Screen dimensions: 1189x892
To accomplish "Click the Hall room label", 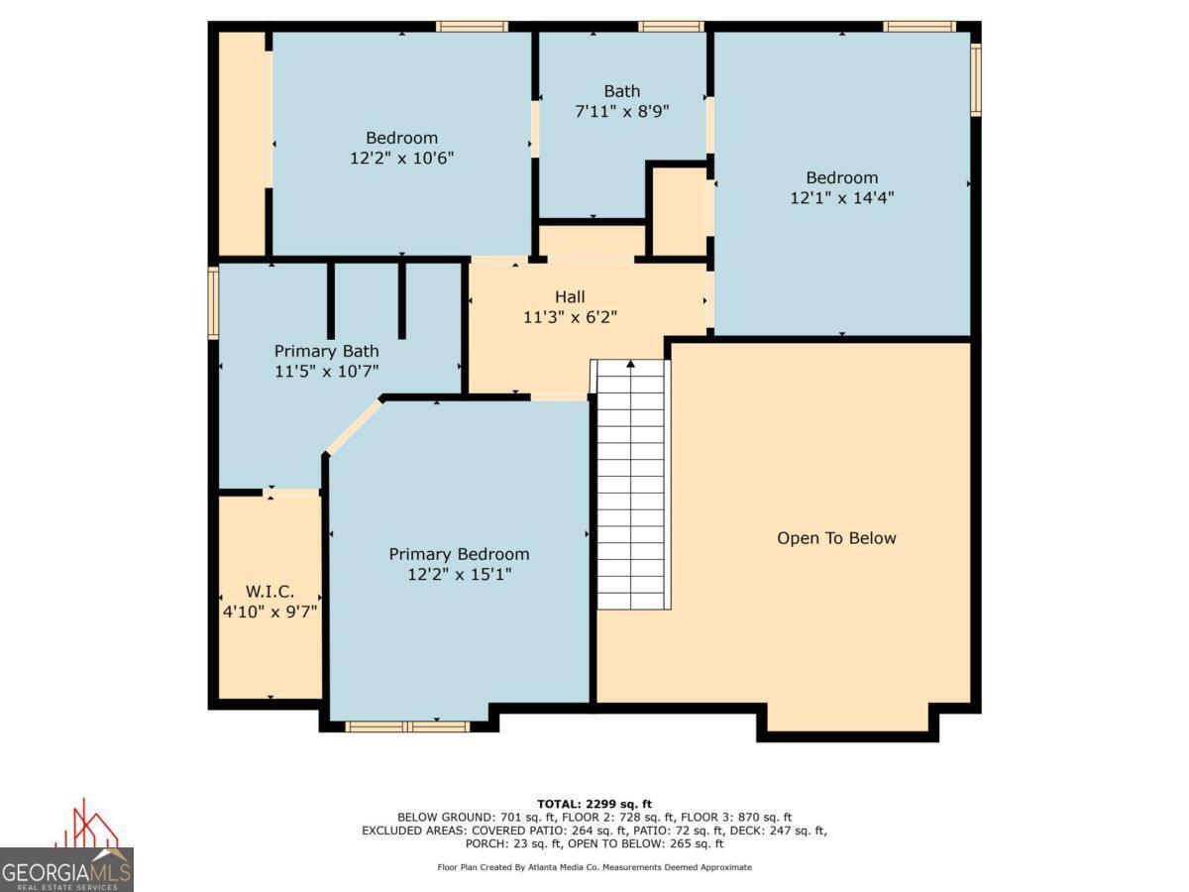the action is (570, 296).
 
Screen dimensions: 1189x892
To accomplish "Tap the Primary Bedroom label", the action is (459, 554).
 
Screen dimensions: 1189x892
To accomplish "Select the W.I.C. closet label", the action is (270, 591).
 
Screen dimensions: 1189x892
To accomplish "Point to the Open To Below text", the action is (836, 538).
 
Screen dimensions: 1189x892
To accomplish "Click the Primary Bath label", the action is (326, 351).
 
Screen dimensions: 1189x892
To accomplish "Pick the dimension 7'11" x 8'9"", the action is (622, 112).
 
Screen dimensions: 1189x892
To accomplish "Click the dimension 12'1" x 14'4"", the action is (842, 197).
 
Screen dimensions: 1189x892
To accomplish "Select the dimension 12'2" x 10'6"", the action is (401, 159).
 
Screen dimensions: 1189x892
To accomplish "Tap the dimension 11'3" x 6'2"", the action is (570, 317).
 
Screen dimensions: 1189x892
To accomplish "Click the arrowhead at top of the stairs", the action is (630, 364).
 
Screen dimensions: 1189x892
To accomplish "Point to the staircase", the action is (631, 485).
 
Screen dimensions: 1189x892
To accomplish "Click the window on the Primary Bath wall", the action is (214, 302).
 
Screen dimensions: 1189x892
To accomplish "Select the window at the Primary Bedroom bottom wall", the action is (407, 726).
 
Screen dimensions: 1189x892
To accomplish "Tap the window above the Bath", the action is (671, 27).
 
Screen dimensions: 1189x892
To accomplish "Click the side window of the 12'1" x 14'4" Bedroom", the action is (976, 79).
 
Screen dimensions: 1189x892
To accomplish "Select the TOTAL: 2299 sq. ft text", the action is (594, 804).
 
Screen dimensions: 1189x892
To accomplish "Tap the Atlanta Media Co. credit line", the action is (594, 867).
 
